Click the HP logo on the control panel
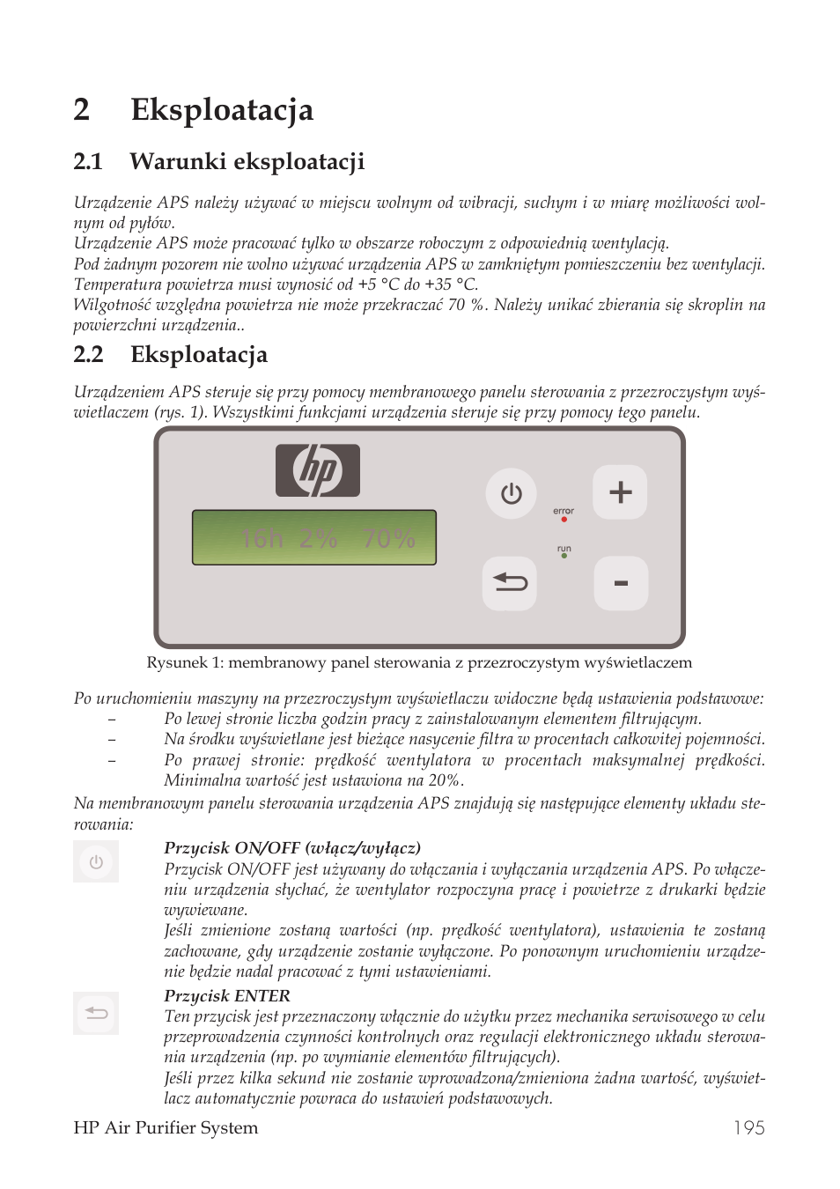coord(318,470)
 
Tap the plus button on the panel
coord(620,491)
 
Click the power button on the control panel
coord(511,493)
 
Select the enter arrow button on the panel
coord(510,582)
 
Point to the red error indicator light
coord(564,520)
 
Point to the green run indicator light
coord(564,557)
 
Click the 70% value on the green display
coord(388,538)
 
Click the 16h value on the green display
coord(262,538)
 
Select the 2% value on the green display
coord(318,538)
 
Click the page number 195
coord(748,1127)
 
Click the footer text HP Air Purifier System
coord(166,1127)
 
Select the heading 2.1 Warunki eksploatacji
coord(218,161)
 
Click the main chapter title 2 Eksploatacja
coord(194,109)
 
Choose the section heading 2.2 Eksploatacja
coord(171,354)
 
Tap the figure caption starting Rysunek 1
coord(419,662)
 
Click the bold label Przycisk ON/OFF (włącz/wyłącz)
coord(292,847)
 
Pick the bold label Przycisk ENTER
coord(227,995)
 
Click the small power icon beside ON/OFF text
coord(96,862)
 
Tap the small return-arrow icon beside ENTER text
coord(96,1013)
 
